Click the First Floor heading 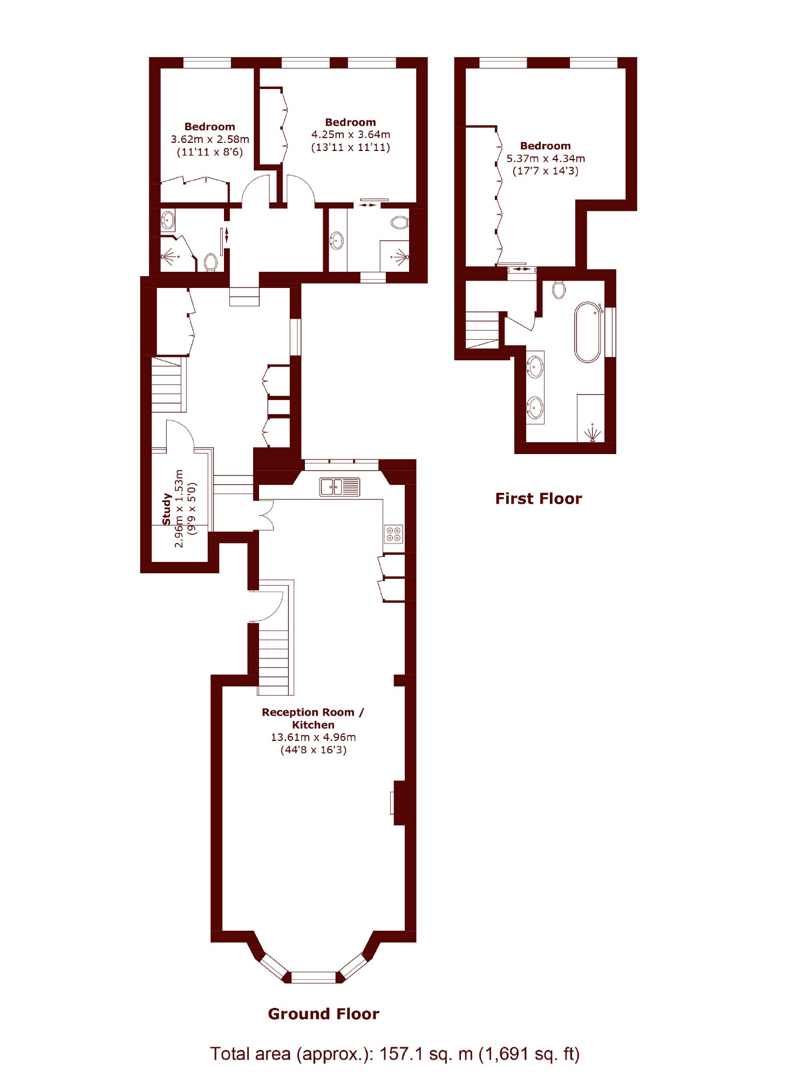tap(538, 498)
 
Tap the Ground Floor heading tap(323, 1014)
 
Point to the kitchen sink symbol tap(339, 486)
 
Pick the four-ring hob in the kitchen tap(393, 534)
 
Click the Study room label tap(167, 509)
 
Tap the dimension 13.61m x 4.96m tap(313, 737)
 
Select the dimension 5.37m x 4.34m tap(545, 159)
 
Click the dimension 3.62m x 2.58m tap(210, 139)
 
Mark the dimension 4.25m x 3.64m tap(350, 135)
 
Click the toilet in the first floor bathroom tap(559, 290)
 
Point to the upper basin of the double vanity tap(535, 367)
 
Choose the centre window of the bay tap(313, 977)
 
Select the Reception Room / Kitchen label tap(313, 718)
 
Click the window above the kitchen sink tap(341, 464)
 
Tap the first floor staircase tap(482, 330)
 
